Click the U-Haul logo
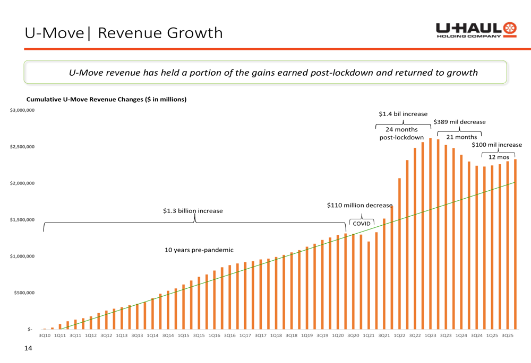[476, 30]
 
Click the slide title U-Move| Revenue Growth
[124, 33]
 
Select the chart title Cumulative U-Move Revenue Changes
[106, 99]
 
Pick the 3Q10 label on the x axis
[45, 335]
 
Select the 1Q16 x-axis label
[215, 335]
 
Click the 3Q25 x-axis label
[508, 335]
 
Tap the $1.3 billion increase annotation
[193, 211]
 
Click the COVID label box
[362, 224]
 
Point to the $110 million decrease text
[359, 205]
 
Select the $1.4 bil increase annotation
[403, 114]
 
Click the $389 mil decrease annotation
[459, 122]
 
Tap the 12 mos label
[499, 157]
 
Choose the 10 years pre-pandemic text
[199, 250]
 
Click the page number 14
[29, 348]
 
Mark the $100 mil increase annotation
[497, 145]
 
